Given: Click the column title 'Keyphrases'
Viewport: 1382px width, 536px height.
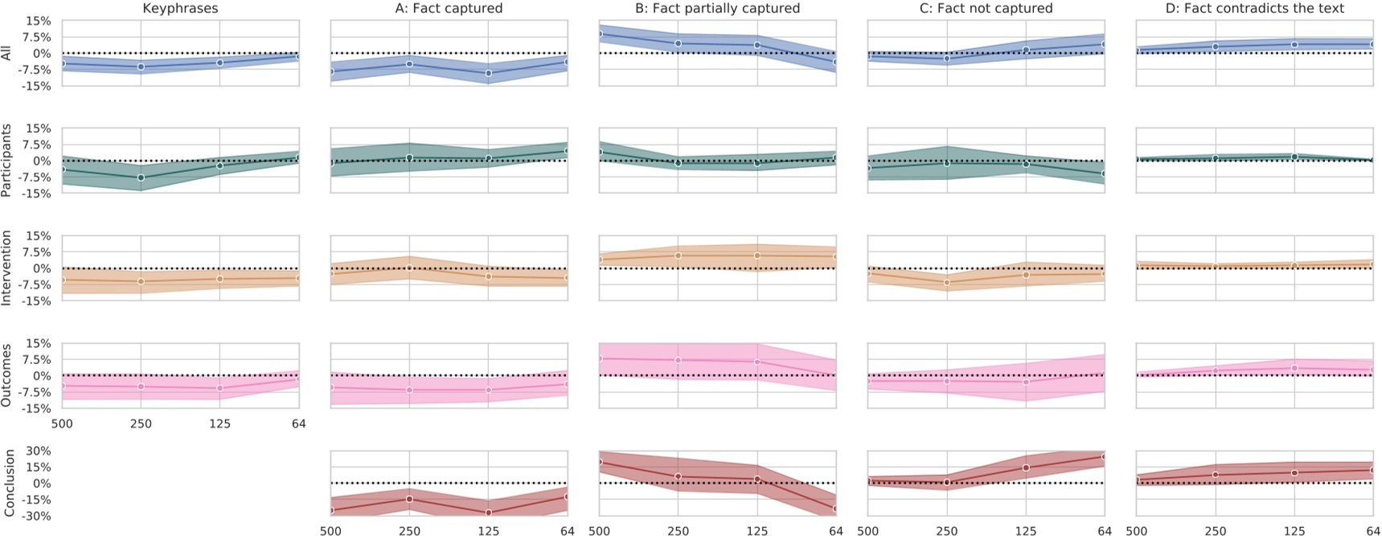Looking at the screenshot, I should (180, 8).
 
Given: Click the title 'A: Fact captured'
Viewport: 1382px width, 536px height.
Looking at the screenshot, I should (449, 8).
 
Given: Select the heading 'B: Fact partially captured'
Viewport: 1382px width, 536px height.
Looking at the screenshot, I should (717, 8).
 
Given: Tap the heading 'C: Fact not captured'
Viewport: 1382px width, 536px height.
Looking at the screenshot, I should (986, 8).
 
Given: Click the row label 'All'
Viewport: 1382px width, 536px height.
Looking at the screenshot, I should (6, 53).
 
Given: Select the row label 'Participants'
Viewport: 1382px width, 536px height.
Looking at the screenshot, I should (6, 161).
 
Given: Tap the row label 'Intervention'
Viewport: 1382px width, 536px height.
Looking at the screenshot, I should (6, 268).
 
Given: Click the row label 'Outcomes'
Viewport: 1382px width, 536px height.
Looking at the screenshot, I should (6, 375).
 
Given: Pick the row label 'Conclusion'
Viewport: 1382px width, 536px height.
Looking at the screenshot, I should (10, 482).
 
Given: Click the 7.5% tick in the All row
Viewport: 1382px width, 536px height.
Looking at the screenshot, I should (35, 37).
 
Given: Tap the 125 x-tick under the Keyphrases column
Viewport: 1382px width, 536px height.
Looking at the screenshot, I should (219, 423).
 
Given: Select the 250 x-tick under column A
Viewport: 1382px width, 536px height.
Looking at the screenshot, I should (409, 530).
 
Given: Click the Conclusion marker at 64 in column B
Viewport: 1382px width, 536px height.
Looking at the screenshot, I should (836, 509).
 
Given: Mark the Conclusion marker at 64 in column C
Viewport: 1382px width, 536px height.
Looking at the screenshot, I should (1105, 456).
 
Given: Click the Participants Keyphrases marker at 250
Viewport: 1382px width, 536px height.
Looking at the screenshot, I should (141, 178).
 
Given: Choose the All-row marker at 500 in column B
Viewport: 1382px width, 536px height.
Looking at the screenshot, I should (599, 34).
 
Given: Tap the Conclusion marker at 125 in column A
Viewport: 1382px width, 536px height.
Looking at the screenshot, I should (488, 513).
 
